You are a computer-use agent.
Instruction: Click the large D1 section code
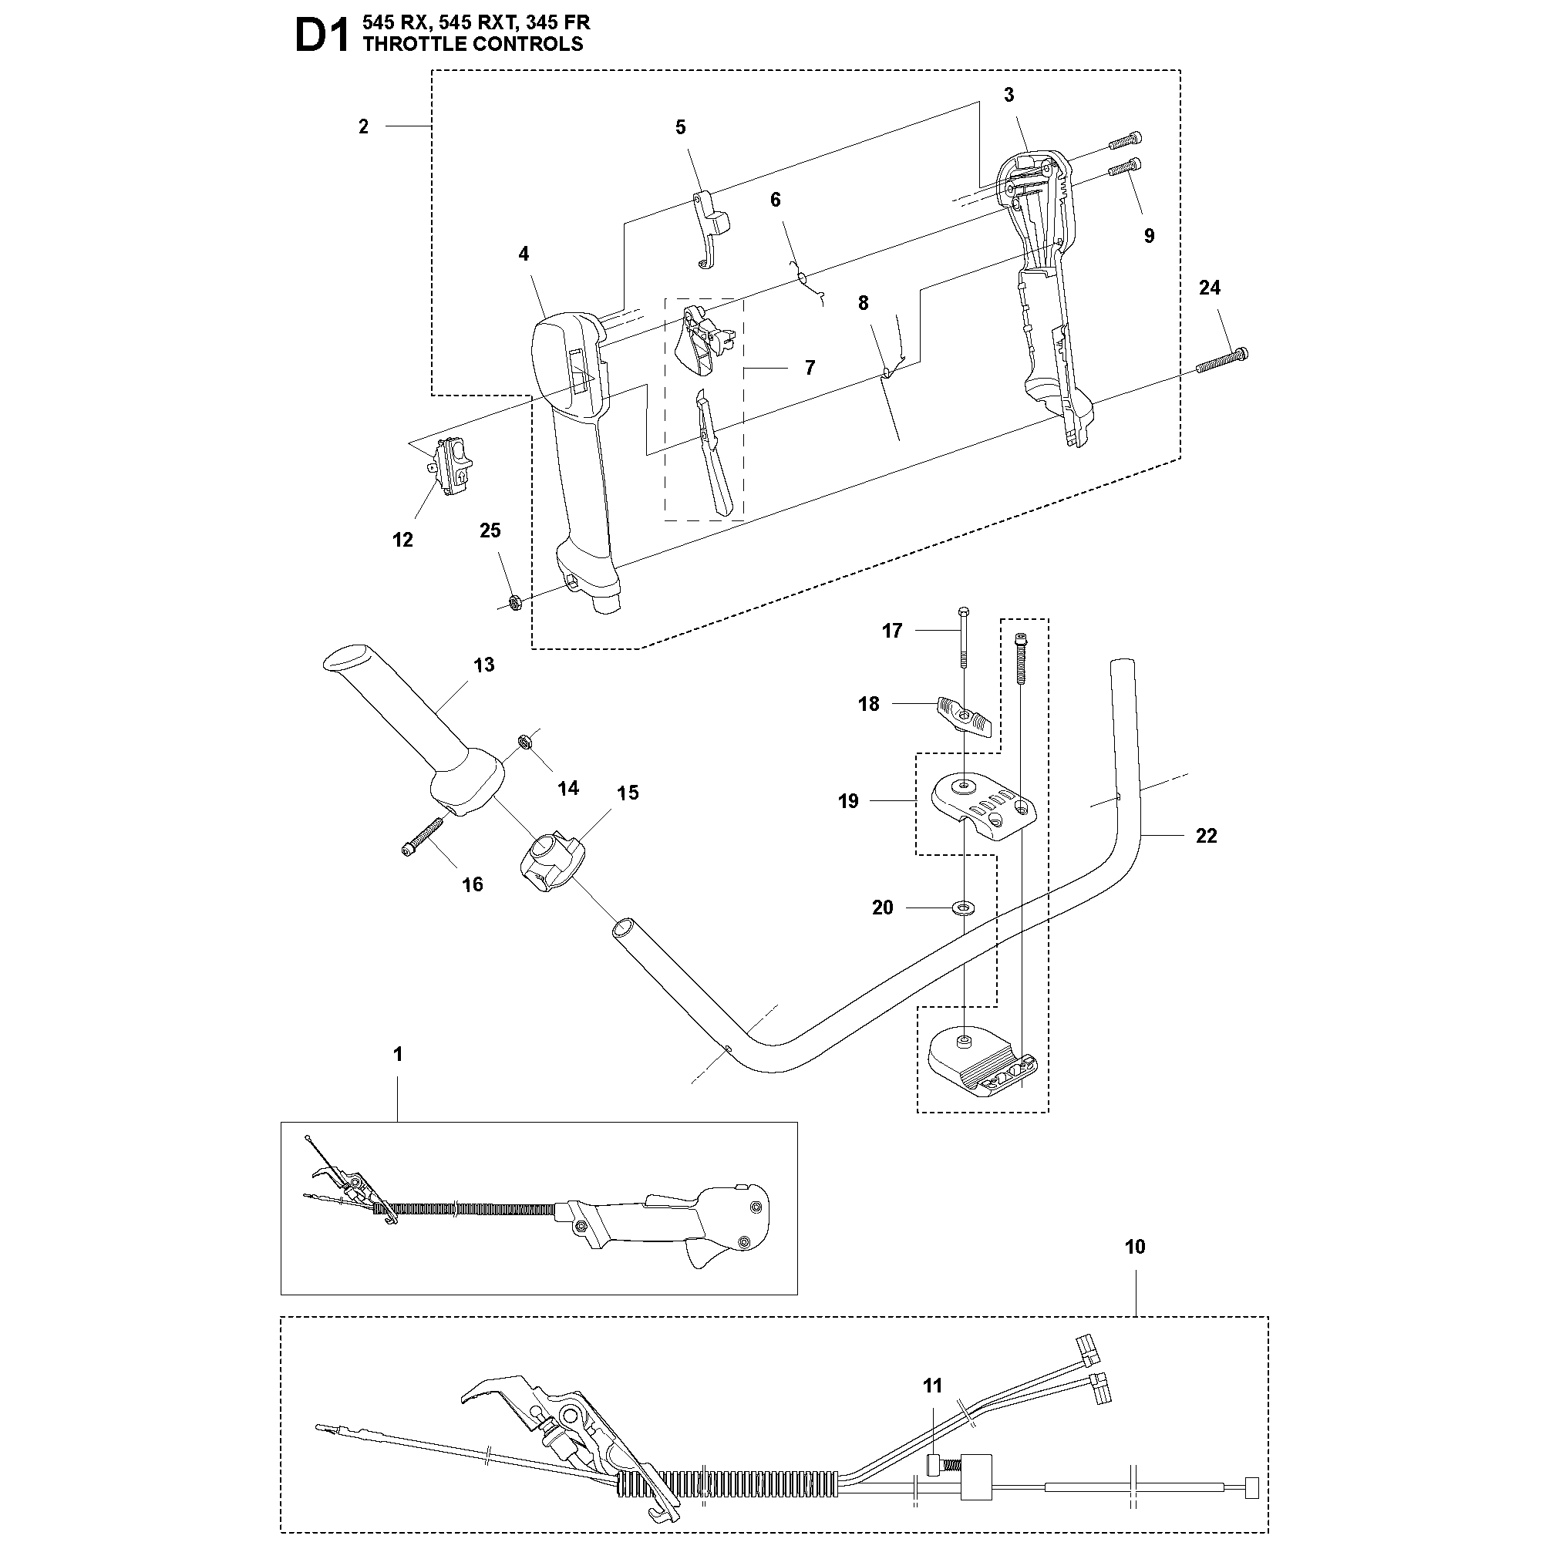[322, 37]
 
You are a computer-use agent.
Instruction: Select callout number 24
[1209, 288]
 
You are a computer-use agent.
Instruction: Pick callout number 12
[402, 540]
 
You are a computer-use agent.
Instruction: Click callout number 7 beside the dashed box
[810, 367]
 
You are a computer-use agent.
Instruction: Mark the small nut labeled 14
[524, 742]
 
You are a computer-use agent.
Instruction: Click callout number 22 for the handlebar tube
[1206, 836]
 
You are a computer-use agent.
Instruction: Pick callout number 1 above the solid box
[398, 1054]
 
